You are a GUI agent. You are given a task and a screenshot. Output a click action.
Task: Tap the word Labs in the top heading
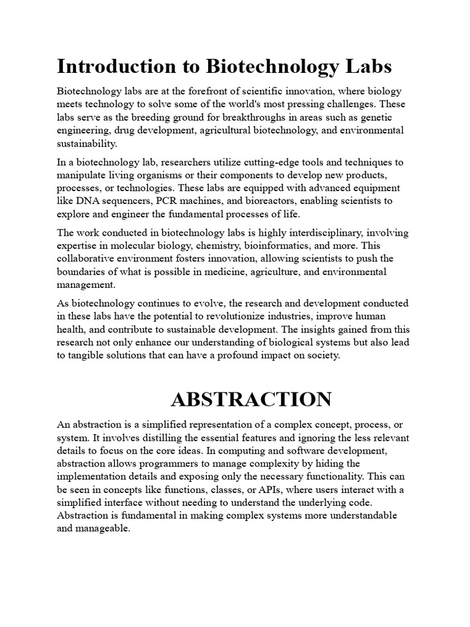pyautogui.click(x=365, y=66)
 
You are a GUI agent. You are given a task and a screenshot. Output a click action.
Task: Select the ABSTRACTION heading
pyautogui.click(x=251, y=400)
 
